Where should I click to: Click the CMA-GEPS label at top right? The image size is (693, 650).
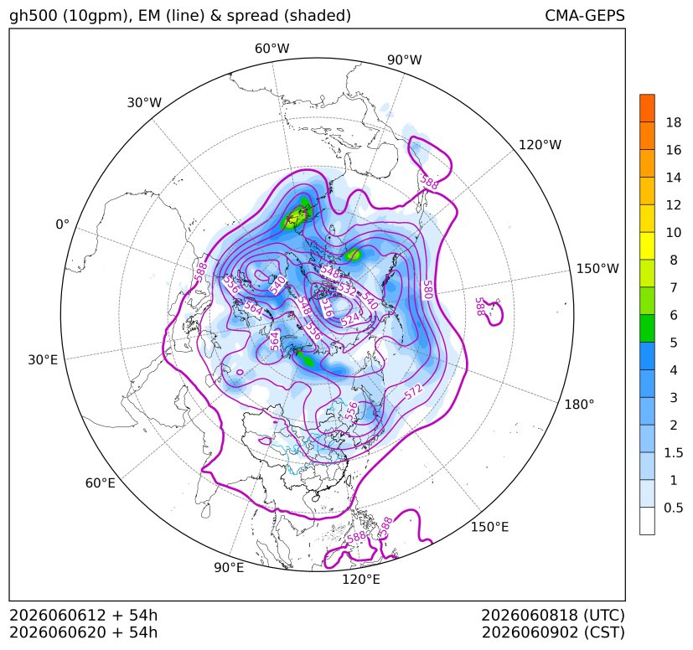(x=585, y=15)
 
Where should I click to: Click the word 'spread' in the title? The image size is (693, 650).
(x=251, y=17)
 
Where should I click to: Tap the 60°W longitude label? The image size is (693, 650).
(x=272, y=49)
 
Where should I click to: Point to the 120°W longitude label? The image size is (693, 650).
(x=540, y=145)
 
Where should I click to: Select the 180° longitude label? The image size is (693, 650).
(x=579, y=404)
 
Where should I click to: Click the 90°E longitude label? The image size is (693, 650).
(x=229, y=567)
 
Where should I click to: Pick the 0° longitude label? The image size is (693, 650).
(x=62, y=224)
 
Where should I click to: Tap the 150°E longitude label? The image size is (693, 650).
(x=489, y=527)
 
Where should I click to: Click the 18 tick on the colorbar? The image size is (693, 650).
(x=674, y=122)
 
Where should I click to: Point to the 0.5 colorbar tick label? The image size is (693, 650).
(x=673, y=508)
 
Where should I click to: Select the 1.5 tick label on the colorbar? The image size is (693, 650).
(x=673, y=452)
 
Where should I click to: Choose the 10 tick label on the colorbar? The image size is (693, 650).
(x=674, y=232)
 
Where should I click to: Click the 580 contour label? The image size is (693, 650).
(x=427, y=290)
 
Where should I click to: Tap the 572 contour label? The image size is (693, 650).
(x=414, y=392)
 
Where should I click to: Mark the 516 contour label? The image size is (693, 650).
(x=326, y=307)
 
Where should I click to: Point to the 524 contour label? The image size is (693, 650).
(x=350, y=318)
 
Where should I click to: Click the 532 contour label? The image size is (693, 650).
(x=347, y=290)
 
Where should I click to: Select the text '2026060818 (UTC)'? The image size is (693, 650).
(x=553, y=615)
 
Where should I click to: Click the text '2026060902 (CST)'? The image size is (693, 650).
(x=553, y=632)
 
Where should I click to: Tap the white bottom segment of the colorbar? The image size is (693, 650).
(x=647, y=521)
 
